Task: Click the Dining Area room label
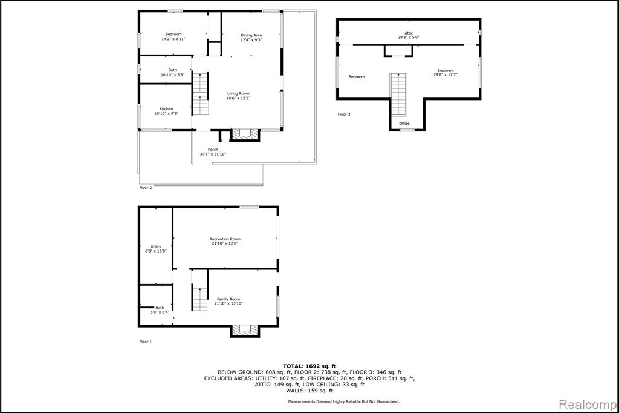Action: click(251, 35)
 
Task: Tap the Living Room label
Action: click(238, 93)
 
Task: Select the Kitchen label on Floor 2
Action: click(166, 109)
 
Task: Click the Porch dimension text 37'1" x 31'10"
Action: click(213, 154)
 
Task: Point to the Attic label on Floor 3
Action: click(409, 33)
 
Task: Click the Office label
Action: click(404, 124)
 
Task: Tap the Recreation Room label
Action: click(225, 239)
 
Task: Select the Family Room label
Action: click(228, 299)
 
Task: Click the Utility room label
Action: click(156, 247)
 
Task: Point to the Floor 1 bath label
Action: click(160, 308)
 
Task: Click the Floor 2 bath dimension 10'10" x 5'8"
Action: click(172, 74)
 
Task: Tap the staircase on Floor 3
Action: click(398, 94)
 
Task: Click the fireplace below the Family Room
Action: click(245, 331)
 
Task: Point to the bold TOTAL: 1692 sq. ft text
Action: click(309, 366)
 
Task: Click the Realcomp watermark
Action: click(588, 405)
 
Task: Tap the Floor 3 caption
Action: click(344, 114)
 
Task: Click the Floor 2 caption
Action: click(146, 188)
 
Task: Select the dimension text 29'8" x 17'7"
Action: click(446, 74)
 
